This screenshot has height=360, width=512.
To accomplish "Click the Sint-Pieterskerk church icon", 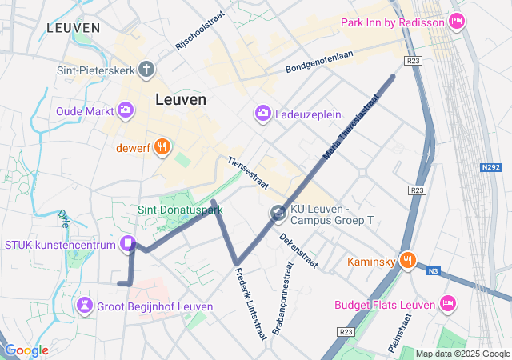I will [146, 70].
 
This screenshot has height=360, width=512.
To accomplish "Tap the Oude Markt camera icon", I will [126, 110].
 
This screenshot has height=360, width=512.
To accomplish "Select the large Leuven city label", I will [180, 100].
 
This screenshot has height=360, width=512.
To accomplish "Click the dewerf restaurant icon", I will [162, 146].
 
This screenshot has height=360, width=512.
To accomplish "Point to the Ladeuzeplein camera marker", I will [262, 114].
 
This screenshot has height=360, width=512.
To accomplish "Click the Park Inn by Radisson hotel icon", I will [457, 22].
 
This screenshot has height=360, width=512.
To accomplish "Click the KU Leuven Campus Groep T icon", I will [278, 213].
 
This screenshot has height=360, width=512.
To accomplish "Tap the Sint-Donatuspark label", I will [180, 210].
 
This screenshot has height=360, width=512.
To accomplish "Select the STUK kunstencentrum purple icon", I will [126, 244].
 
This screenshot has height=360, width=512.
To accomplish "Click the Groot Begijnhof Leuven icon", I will [84, 306].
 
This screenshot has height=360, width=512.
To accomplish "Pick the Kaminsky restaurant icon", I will [407, 260].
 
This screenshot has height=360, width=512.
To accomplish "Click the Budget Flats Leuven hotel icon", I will [447, 303].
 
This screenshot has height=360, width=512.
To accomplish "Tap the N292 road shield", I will [490, 167].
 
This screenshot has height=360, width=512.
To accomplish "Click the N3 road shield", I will [433, 271].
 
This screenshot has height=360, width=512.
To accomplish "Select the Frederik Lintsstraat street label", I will [250, 304].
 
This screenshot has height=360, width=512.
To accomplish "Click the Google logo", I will [26, 350].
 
